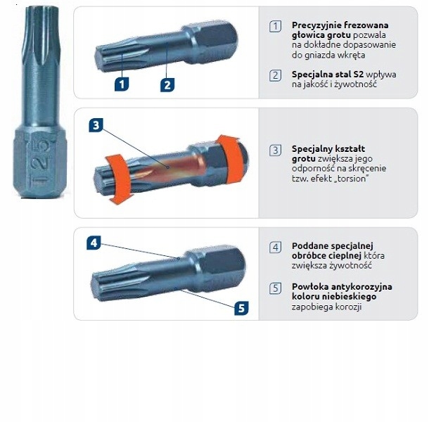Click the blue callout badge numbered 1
[x=122, y=84]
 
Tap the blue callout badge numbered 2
[x=167, y=84]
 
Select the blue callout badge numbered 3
[x=96, y=125]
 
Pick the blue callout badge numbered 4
[x=94, y=243]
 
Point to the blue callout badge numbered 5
[x=241, y=308]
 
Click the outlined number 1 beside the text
[x=275, y=27]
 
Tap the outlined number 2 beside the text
[x=275, y=75]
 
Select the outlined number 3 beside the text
[x=275, y=151]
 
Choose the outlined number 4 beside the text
[x=275, y=248]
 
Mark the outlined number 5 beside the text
[x=275, y=288]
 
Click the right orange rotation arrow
[x=231, y=158]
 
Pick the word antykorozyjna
[x=361, y=287]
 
